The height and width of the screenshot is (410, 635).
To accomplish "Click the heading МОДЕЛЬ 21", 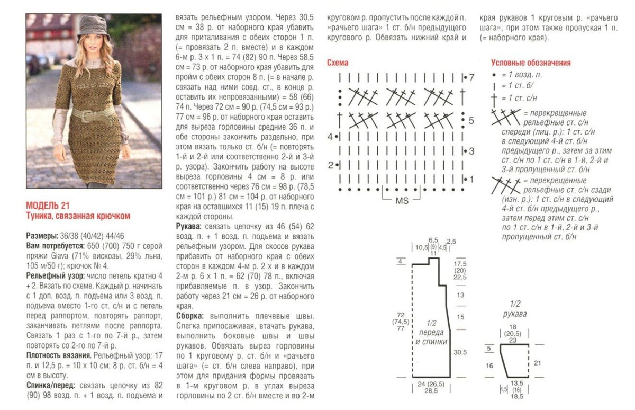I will (48, 206).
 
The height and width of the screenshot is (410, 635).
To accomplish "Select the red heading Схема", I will (338, 63).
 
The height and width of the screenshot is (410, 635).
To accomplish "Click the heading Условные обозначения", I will (531, 63).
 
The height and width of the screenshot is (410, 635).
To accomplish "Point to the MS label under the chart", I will (401, 201).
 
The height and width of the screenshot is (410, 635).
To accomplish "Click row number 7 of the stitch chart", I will (471, 78).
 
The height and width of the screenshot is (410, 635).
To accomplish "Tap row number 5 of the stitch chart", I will (471, 120).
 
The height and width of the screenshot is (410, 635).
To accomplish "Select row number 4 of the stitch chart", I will (330, 137).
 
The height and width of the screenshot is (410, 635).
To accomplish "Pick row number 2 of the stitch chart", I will (330, 165).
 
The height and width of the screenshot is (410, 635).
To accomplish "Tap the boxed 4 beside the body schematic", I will (401, 261).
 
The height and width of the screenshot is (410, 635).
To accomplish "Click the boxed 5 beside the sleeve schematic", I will (489, 348).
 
